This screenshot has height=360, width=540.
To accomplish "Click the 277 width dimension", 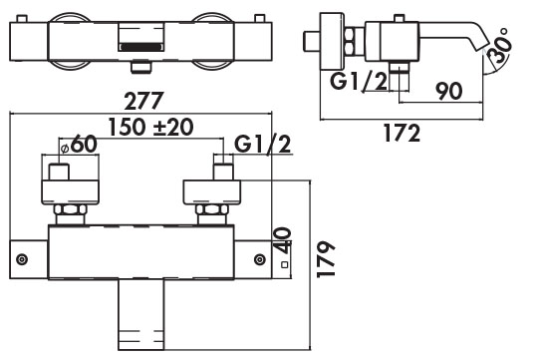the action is [x=143, y=101].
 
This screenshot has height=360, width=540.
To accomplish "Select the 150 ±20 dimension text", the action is [x=150, y=127].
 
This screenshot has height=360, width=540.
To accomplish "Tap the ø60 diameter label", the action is [x=78, y=145].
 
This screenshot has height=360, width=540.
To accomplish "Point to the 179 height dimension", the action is [x=326, y=259].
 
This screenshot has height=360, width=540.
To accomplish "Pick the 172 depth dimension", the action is [x=402, y=133].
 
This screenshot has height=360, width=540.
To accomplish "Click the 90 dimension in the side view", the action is [x=448, y=91].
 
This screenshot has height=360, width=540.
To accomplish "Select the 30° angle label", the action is [x=500, y=46].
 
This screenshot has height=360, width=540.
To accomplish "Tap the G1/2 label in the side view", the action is [x=359, y=81].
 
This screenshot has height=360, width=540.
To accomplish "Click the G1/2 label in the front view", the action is [x=262, y=145].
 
